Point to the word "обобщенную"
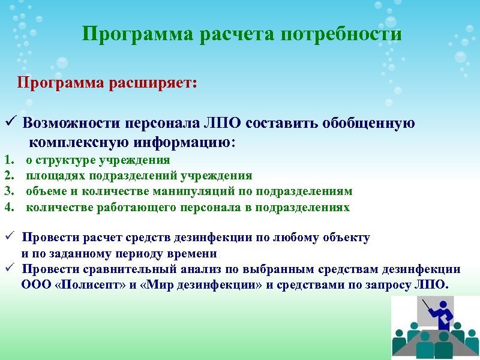click(368, 124)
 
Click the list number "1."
click(9, 160)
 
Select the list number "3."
click(9, 191)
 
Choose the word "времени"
click(194, 253)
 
